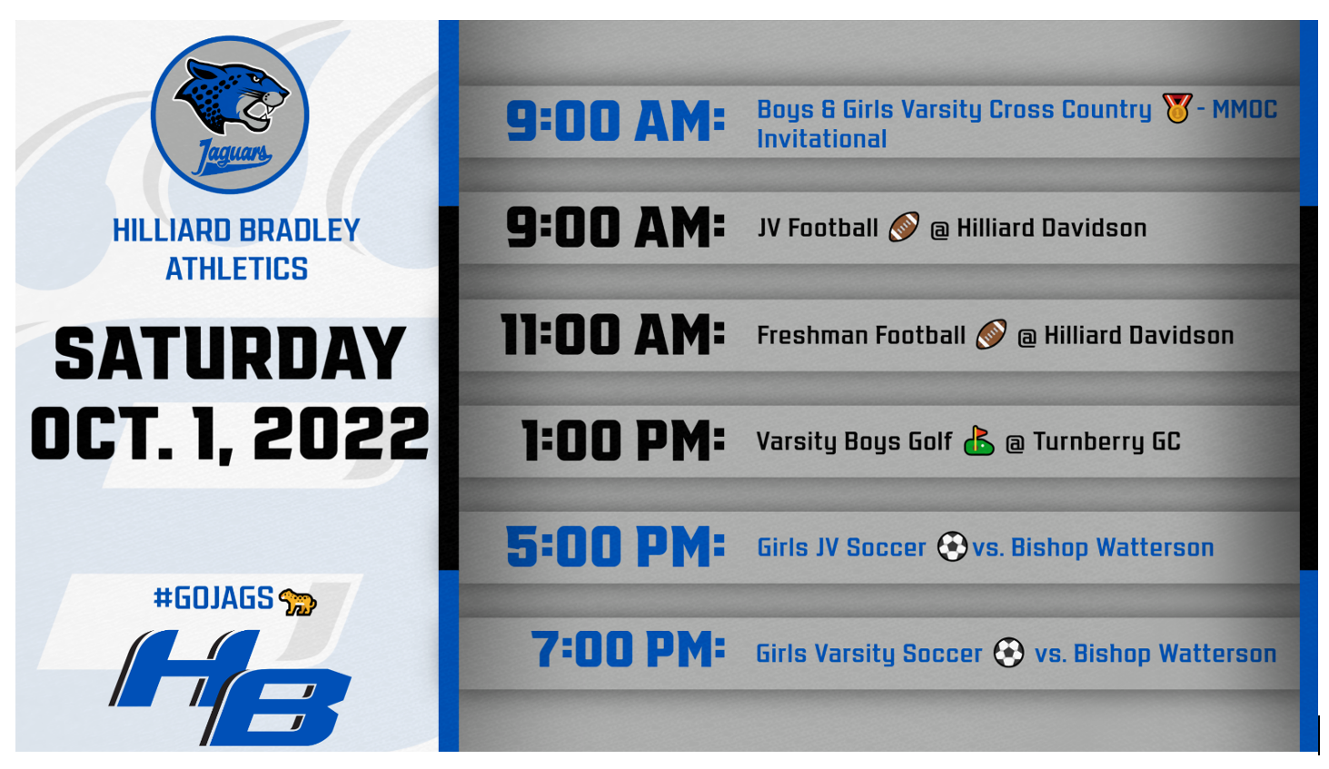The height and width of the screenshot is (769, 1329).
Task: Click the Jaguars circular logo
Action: tap(230, 114)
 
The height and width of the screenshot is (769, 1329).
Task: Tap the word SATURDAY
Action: tap(230, 354)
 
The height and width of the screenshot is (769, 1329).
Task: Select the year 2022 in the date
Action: tap(342, 434)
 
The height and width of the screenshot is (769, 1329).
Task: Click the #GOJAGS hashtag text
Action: tap(213, 597)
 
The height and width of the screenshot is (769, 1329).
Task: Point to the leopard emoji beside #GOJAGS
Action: tap(298, 602)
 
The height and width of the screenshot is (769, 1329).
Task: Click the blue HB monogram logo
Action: tap(230, 686)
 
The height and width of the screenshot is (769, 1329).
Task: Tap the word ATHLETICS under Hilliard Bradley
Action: tap(237, 269)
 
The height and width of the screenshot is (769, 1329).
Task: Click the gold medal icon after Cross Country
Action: tap(1177, 108)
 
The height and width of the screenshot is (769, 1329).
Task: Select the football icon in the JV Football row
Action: tap(904, 226)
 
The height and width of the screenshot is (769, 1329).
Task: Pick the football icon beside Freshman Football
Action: tap(991, 334)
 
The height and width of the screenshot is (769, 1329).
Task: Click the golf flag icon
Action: tap(978, 440)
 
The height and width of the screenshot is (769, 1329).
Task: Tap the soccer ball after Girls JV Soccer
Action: tap(952, 546)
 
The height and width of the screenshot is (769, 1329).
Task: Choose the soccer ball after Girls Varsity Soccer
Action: tap(1008, 652)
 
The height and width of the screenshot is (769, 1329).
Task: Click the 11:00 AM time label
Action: tap(613, 334)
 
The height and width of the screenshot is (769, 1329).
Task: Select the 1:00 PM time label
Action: tap(623, 440)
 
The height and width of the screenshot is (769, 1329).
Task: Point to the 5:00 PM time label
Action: tap(616, 546)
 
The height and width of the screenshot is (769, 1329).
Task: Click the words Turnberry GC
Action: tap(1106, 442)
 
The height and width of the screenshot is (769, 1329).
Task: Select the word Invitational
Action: tap(822, 139)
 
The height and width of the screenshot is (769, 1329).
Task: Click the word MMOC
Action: tap(1245, 109)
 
